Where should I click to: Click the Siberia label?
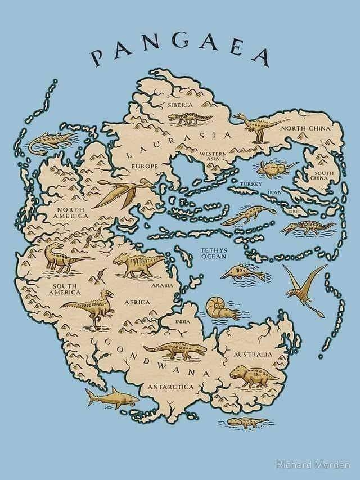[x=180, y=105]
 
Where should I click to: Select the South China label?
[x=323, y=175]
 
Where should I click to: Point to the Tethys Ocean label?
[x=214, y=253]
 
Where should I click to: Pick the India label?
[x=183, y=321]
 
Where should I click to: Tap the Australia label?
[x=253, y=355]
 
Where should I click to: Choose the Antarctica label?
[x=170, y=387]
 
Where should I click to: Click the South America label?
[x=66, y=289]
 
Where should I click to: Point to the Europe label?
[x=145, y=167]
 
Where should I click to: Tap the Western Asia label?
[x=213, y=156]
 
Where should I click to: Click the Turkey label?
[x=250, y=184]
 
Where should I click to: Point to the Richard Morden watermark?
[x=313, y=465]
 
